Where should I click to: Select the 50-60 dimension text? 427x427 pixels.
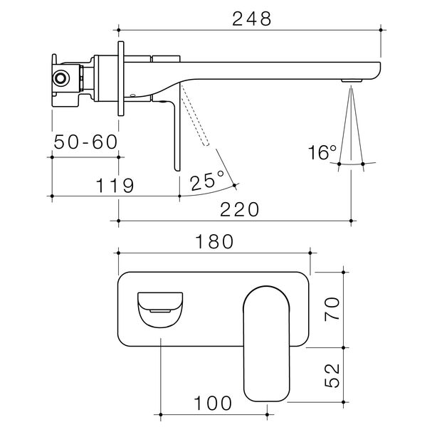coord(85,142)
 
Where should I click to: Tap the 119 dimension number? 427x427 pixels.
coord(115,186)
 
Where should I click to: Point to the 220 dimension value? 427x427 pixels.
coord(240,209)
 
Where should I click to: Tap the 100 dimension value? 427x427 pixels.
coord(213,403)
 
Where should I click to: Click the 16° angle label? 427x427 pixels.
coord(322,153)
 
